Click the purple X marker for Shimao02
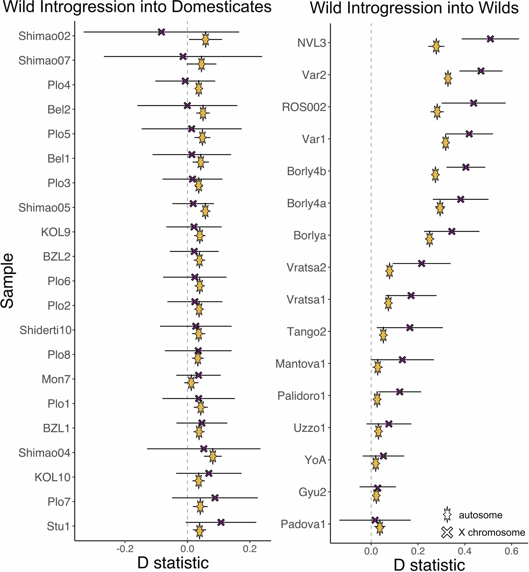point(161,32)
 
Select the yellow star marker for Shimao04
point(213,456)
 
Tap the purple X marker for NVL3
point(490,39)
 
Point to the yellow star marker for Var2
point(448,79)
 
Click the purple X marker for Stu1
point(221,522)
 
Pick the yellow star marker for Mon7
point(191,383)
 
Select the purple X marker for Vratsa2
point(422,263)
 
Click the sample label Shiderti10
point(45,330)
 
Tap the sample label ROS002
point(304,107)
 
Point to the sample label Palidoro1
point(301,396)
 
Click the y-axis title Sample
point(7,281)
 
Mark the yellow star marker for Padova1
point(379,528)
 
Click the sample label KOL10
point(53,477)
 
